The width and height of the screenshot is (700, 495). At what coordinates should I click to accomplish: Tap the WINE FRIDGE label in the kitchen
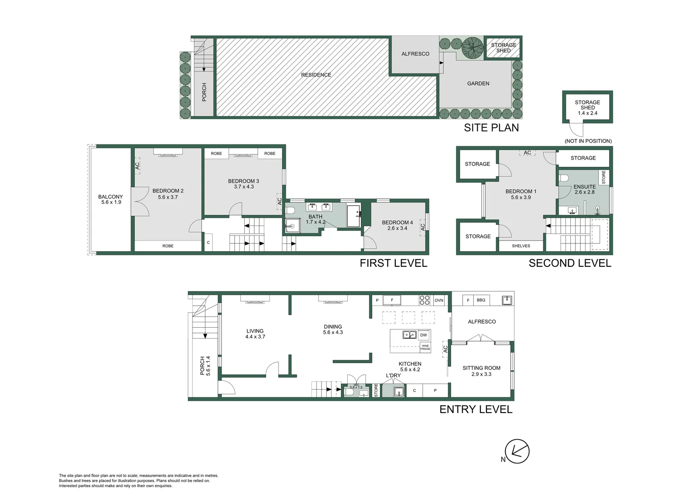425,347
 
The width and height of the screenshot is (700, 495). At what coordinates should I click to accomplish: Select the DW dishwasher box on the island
423,335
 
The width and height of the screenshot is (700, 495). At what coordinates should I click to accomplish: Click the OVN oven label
439,300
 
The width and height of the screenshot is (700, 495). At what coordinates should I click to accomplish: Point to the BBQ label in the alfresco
481,300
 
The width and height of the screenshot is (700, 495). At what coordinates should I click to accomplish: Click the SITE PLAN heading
491,127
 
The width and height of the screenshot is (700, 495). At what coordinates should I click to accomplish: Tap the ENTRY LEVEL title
476,409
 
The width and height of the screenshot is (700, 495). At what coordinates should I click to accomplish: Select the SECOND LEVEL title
570,263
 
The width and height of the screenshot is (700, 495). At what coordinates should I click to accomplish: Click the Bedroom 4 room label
397,222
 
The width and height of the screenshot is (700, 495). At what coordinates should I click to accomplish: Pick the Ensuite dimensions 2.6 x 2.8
585,192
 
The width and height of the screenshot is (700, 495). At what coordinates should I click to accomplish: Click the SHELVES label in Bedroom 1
521,246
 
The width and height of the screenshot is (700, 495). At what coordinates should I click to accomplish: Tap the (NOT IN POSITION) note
588,141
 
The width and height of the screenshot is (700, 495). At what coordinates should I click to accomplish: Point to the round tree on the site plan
472,47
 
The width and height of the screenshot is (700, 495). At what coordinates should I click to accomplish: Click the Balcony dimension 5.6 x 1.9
111,202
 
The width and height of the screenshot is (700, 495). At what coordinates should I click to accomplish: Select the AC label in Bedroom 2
137,166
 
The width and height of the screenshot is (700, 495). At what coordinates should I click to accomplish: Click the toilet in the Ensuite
563,178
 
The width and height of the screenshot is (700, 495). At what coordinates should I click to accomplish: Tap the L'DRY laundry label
393,375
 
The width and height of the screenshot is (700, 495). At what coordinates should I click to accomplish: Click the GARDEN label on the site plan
478,83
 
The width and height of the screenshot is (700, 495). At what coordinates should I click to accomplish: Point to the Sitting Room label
481,368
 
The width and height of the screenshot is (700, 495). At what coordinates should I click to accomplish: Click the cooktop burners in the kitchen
424,300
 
